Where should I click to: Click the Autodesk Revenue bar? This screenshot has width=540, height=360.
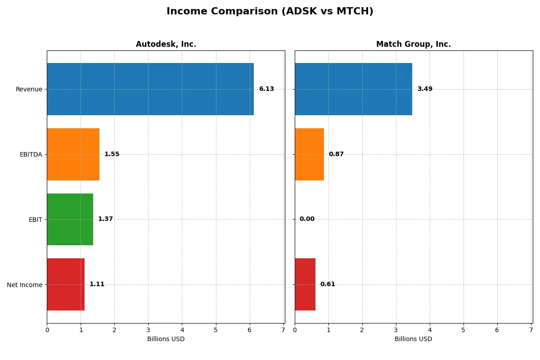tap(150, 89)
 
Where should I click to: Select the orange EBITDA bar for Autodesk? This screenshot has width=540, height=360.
tap(73, 154)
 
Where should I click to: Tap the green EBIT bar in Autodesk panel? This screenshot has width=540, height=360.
tap(70, 219)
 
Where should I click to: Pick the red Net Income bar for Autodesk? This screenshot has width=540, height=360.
tap(66, 284)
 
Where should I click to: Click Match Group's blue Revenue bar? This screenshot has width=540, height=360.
tap(353, 89)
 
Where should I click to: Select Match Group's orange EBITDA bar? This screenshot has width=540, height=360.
tap(309, 154)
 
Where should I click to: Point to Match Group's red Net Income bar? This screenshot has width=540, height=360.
tap(305, 284)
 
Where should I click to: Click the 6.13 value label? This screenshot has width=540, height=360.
tap(266, 89)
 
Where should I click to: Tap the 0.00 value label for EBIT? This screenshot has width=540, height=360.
tap(307, 219)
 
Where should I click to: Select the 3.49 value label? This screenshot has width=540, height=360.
tap(425, 89)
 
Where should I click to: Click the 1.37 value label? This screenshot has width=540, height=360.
tap(105, 219)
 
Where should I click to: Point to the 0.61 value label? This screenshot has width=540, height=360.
tap(328, 284)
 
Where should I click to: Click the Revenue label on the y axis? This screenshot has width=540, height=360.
tap(29, 89)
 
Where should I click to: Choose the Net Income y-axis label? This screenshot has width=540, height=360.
tap(25, 284)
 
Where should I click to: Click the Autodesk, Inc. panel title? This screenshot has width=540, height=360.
tap(166, 44)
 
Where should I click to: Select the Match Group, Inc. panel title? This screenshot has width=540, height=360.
tap(414, 44)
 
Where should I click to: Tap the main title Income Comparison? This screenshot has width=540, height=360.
tap(270, 11)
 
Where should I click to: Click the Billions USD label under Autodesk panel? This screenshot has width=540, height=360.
tap(166, 339)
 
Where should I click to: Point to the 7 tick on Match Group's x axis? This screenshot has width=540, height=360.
tap(531, 330)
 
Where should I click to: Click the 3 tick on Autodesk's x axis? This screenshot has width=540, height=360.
tap(148, 330)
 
